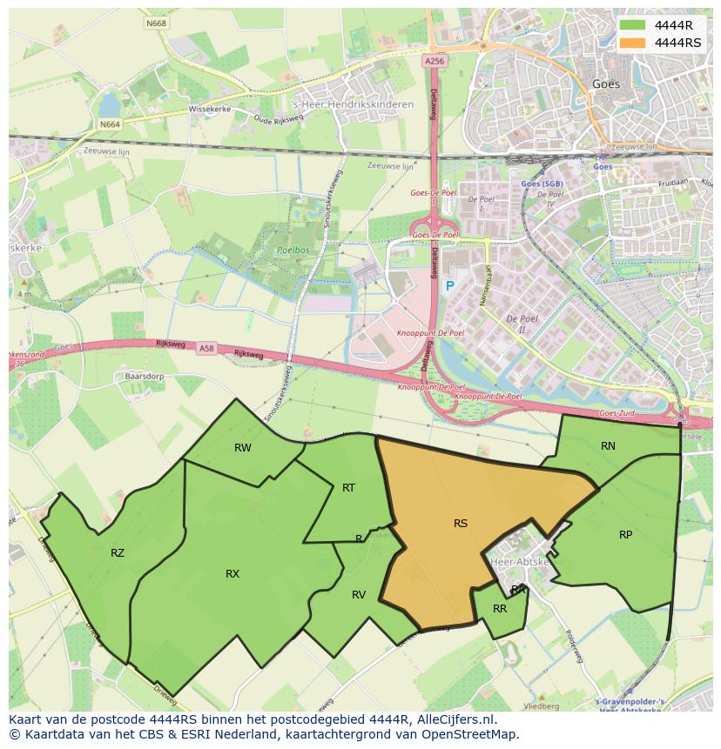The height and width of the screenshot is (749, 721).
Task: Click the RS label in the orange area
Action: click(461, 524)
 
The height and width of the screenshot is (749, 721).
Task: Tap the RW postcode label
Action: click(243, 448)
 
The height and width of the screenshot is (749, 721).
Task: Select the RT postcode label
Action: click(348, 488)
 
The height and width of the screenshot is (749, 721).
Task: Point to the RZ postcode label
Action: click(118, 553)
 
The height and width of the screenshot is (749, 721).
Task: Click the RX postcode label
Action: click(232, 574)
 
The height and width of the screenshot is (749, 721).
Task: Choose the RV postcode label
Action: click(359, 595)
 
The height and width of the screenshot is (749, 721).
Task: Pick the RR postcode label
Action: click(500, 609)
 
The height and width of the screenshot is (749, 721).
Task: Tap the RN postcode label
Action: click(608, 446)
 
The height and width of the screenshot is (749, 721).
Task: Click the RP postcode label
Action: click(625, 535)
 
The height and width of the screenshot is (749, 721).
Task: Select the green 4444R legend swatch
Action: click(633, 25)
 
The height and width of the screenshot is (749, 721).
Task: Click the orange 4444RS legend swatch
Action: click(633, 42)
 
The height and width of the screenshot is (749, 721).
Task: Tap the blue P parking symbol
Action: click(450, 286)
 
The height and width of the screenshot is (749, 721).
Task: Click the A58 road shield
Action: click(206, 349)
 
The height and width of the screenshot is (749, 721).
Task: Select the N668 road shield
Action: click(157, 23)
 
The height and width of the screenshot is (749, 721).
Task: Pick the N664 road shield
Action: click(110, 124)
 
